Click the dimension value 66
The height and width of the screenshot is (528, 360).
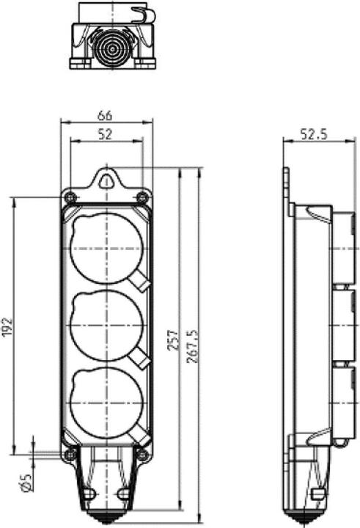click(x=106, y=115)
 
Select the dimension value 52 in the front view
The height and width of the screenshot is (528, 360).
click(x=106, y=133)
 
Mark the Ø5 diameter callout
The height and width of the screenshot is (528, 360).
click(x=24, y=480)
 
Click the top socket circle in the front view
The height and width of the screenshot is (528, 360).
click(x=106, y=247)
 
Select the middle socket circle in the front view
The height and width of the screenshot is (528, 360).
click(x=106, y=326)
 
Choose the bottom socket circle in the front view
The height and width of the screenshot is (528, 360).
click(x=106, y=403)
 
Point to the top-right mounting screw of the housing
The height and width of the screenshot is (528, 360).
click(x=143, y=197)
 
